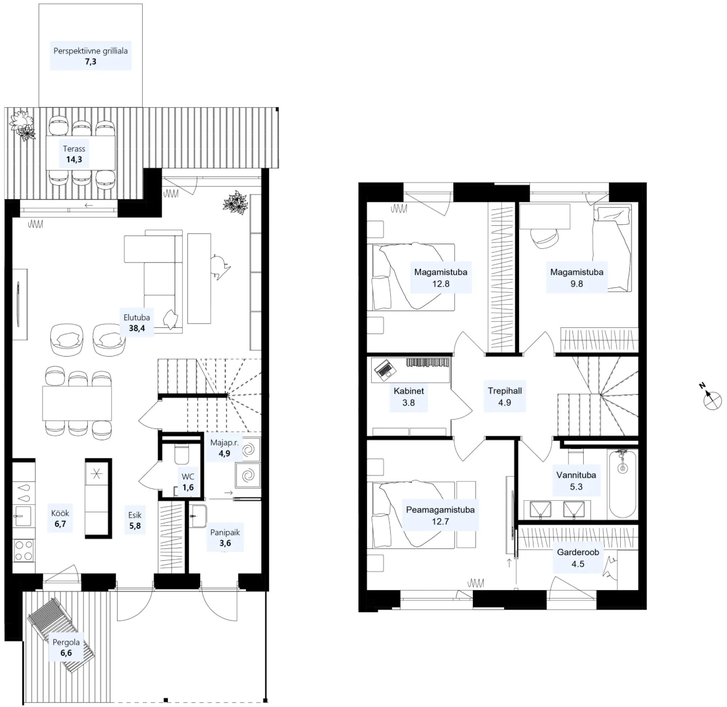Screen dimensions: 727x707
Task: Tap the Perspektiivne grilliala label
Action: pyautogui.click(x=91, y=51)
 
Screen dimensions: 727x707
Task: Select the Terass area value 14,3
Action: pyautogui.click(x=74, y=159)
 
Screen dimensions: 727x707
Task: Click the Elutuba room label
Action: pyautogui.click(x=137, y=318)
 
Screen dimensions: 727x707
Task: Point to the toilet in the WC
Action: pyautogui.click(x=181, y=454)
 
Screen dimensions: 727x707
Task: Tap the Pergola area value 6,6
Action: pyautogui.click(x=66, y=653)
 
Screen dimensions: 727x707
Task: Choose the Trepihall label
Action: pyautogui.click(x=505, y=391)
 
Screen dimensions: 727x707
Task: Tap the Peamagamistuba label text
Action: pyautogui.click(x=440, y=509)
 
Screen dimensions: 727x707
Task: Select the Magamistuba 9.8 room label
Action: pyautogui.click(x=577, y=278)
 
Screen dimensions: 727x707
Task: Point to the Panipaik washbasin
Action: pyautogui.click(x=198, y=516)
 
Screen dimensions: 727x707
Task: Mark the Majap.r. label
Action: pyautogui.click(x=224, y=442)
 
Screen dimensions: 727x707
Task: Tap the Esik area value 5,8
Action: pyautogui.click(x=135, y=526)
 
